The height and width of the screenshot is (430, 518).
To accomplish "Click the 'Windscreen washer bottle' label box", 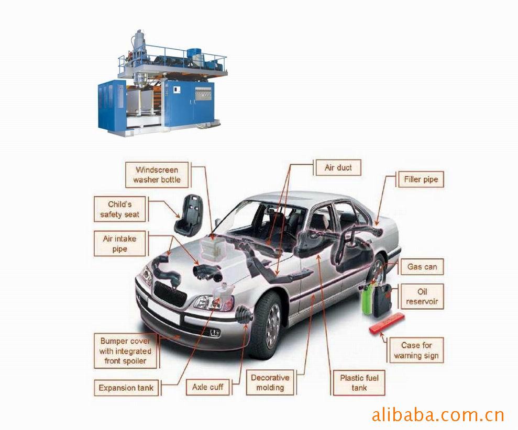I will click(157, 175).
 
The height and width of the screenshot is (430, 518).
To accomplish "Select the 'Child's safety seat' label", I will click(120, 209).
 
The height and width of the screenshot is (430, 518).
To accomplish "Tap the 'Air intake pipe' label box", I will click(119, 244).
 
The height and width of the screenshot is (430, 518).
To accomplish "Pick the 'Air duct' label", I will click(338, 168).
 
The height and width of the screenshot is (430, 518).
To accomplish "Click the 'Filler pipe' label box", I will click(420, 179).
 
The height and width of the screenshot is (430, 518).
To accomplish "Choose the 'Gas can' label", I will click(422, 267).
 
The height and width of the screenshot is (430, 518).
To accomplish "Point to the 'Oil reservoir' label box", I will click(422, 297).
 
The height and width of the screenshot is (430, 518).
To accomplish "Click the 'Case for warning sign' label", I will click(416, 350).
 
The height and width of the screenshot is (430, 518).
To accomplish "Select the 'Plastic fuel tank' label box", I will click(359, 383).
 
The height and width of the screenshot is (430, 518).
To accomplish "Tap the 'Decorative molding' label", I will click(270, 382).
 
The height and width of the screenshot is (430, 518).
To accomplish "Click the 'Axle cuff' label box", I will click(208, 387).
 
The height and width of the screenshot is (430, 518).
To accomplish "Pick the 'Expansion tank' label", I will click(126, 388).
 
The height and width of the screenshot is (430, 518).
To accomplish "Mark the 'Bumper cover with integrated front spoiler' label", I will click(125, 350).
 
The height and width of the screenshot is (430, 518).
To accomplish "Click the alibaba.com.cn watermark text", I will click(437, 415).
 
